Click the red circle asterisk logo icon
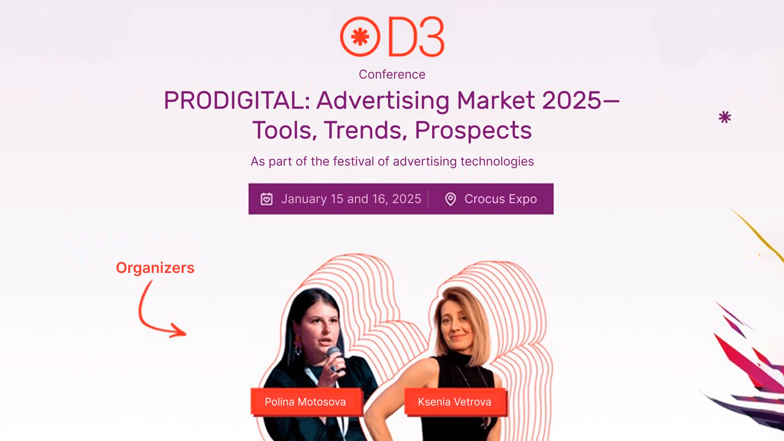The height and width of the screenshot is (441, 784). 360,37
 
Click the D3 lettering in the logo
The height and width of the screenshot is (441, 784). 417,37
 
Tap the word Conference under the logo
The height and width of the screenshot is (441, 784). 392,74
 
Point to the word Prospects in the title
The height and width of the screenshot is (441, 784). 473,130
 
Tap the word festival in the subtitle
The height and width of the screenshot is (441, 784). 353,161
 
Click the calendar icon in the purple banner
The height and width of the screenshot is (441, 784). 267,199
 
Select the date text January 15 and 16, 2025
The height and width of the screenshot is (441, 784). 351,199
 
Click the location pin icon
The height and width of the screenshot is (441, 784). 450,199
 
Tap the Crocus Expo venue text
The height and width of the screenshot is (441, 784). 500,199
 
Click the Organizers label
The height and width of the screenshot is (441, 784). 155,268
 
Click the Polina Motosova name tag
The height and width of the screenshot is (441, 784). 305,402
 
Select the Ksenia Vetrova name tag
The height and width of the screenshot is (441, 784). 455,402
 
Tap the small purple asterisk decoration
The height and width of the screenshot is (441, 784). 725,117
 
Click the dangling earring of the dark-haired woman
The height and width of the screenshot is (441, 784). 297,343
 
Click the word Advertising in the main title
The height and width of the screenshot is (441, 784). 383,100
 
